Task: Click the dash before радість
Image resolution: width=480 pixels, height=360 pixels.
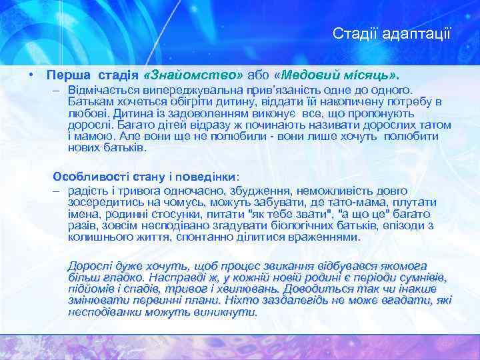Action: [57, 189]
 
